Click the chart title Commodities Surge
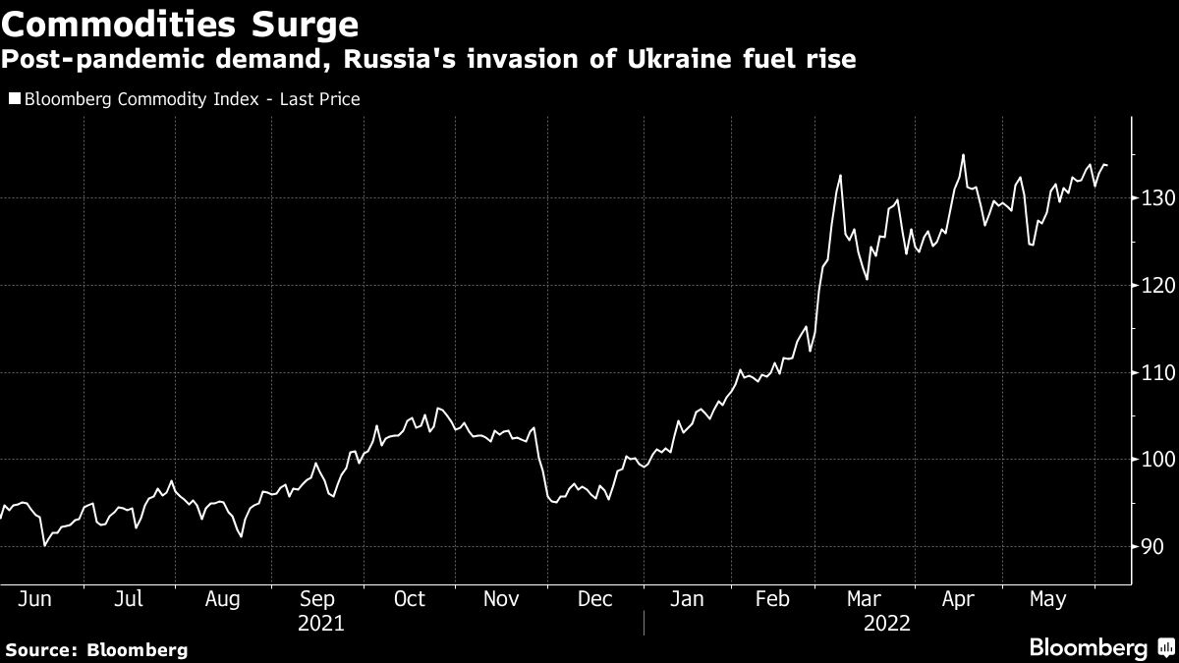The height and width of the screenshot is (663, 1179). (181, 22)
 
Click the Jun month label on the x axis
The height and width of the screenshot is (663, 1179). (35, 599)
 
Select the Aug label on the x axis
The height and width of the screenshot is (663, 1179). (223, 599)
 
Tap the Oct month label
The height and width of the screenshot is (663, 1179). (409, 599)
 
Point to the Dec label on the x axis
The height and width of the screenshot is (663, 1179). (596, 599)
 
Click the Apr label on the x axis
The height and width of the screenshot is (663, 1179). (957, 599)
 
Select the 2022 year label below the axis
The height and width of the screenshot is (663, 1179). (886, 623)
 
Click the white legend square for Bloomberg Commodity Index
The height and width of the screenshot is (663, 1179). (14, 99)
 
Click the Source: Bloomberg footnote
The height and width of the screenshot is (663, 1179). (95, 649)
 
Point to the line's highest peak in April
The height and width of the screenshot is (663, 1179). (963, 155)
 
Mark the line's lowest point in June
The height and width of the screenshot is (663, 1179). (43, 544)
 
